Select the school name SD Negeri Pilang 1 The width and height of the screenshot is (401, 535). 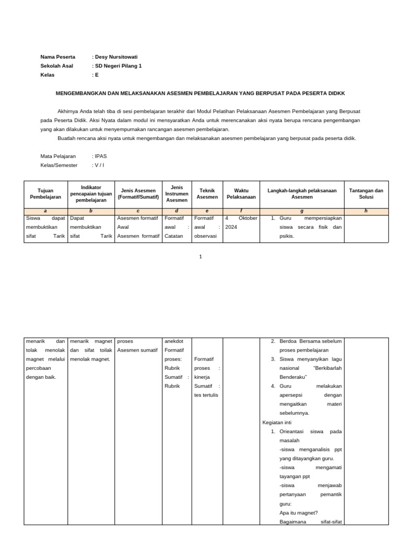[x=118, y=66]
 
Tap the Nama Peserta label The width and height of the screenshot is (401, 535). [x=57, y=57]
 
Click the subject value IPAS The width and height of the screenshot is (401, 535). [x=100, y=156]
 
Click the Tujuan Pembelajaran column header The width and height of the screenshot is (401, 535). [x=45, y=194]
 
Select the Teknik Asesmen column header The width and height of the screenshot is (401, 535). [x=207, y=194]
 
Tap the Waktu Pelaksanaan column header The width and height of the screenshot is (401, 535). [x=241, y=194]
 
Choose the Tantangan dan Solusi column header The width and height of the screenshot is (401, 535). [x=366, y=194]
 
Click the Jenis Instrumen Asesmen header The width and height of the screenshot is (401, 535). [x=176, y=194]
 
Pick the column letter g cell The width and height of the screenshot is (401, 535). [x=302, y=211]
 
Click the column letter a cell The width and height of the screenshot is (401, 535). [x=45, y=211]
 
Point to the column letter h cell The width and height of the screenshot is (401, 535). [x=366, y=211]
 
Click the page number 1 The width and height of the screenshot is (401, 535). [x=200, y=257]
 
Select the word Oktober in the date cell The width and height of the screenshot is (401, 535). [x=246, y=218]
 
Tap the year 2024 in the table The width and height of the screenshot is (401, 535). [x=231, y=227]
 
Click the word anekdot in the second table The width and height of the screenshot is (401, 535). [x=173, y=341]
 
